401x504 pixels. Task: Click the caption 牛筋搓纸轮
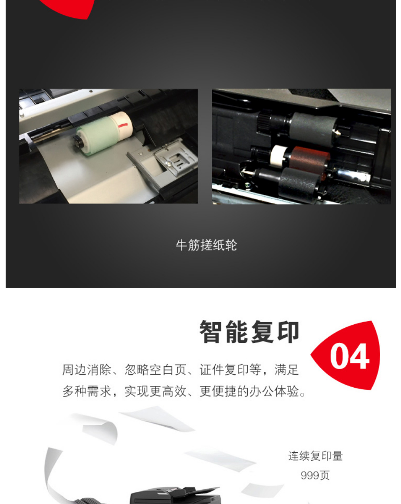(206, 245)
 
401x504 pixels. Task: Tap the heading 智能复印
(250, 332)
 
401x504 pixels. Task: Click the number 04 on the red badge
(350, 356)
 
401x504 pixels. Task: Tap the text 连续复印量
(315, 456)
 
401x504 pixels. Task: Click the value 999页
(315, 475)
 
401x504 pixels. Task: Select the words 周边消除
(86, 369)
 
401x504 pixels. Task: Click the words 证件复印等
(230, 369)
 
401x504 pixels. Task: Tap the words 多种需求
(86, 391)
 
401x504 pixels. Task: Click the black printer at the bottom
(175, 495)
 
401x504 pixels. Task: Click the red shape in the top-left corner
(68, 8)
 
